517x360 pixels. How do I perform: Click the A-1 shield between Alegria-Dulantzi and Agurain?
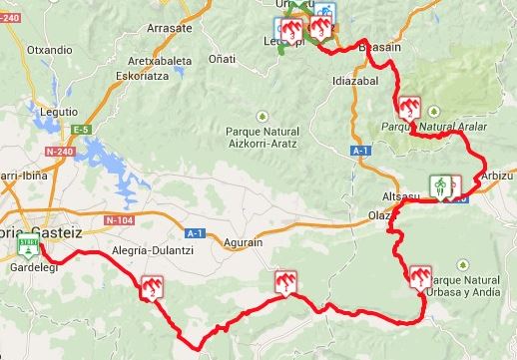[197, 233]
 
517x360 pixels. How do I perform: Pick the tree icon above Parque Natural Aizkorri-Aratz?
[262, 113]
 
